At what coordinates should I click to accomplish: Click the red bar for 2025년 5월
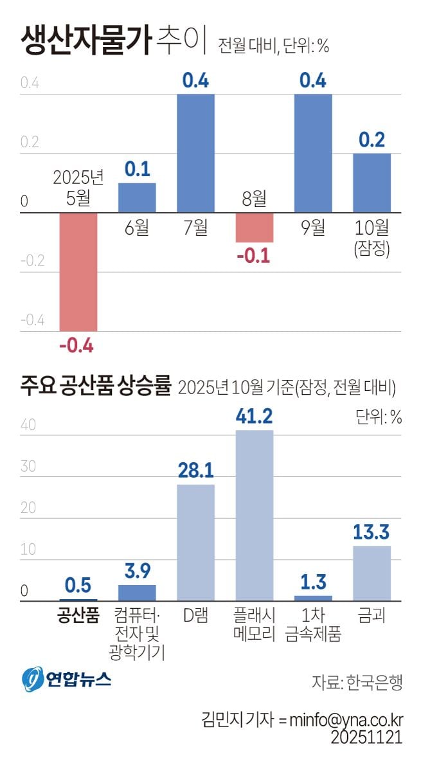[78, 272]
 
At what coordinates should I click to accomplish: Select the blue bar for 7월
[195, 153]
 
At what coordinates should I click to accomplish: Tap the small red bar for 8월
[255, 228]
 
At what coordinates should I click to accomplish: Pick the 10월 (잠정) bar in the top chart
[372, 183]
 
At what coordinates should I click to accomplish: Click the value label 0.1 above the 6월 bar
[137, 169]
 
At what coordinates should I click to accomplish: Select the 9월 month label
[313, 228]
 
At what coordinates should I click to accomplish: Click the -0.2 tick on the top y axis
[32, 261]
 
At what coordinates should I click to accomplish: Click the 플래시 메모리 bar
[255, 516]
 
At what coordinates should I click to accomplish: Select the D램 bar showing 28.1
[195, 543]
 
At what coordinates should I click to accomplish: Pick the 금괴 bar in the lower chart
[372, 573]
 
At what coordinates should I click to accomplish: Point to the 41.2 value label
[255, 416]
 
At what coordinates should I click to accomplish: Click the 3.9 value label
[137, 571]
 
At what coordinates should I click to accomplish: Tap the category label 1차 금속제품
[313, 625]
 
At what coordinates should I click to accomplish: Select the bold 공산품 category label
[78, 616]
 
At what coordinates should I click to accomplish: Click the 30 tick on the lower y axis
[28, 467]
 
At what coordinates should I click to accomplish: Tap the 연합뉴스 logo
[67, 679]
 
